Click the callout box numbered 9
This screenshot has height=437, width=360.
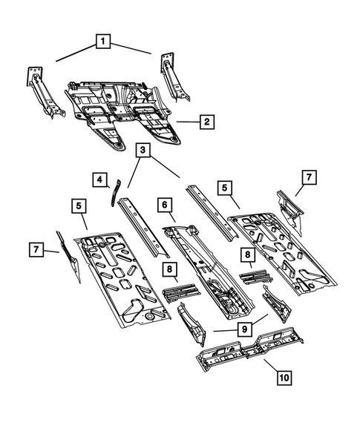tap(243, 327)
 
